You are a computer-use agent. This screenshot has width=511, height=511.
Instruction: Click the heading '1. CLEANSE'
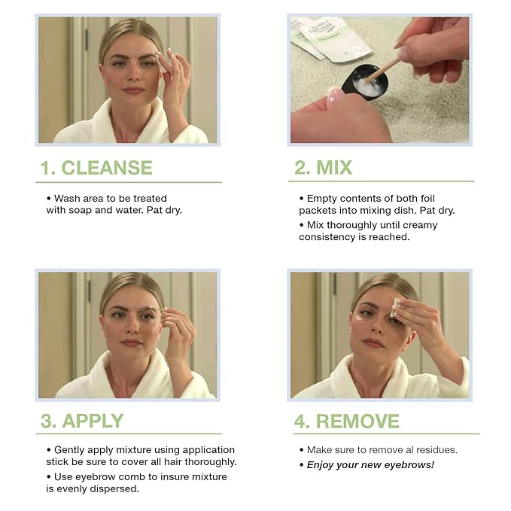[x=96, y=168]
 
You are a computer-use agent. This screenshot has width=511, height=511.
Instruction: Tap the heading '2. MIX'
[x=323, y=168]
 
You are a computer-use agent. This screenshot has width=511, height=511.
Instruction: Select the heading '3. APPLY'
[x=82, y=421]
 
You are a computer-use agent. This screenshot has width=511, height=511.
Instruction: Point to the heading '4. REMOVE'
[x=348, y=421]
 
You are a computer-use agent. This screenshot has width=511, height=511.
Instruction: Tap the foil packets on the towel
[x=331, y=38]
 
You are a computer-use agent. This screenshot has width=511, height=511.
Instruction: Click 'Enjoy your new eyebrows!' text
[x=370, y=464]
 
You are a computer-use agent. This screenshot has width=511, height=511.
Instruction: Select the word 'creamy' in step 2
[x=414, y=225]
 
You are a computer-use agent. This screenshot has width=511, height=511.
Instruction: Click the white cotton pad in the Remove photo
[x=397, y=305]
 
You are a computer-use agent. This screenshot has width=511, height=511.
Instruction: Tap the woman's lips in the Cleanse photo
[x=133, y=90]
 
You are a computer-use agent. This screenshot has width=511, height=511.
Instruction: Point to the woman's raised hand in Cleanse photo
[x=175, y=75]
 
